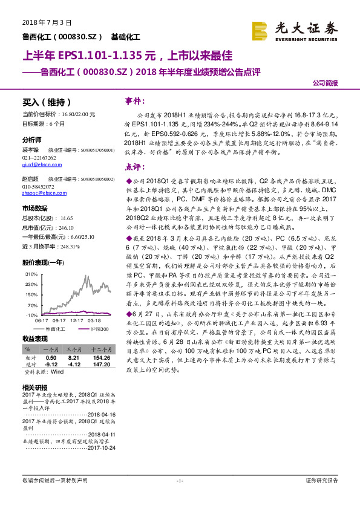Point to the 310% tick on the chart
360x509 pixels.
click(x=29, y=274)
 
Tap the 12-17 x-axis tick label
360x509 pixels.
click(x=77, y=321)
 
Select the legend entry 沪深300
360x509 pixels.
click(x=99, y=328)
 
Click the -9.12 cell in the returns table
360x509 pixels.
click(x=51, y=365)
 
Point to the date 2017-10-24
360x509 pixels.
click(x=102, y=449)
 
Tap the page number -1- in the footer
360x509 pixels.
click(x=180, y=481)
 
